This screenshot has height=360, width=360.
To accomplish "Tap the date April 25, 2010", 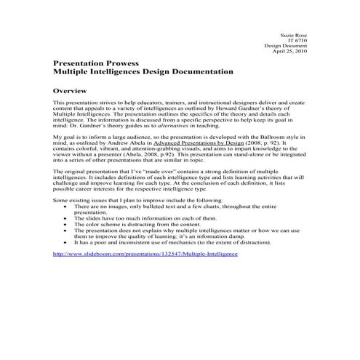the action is tap(289, 52).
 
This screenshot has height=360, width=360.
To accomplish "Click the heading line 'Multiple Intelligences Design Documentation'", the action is tap(144, 73).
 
